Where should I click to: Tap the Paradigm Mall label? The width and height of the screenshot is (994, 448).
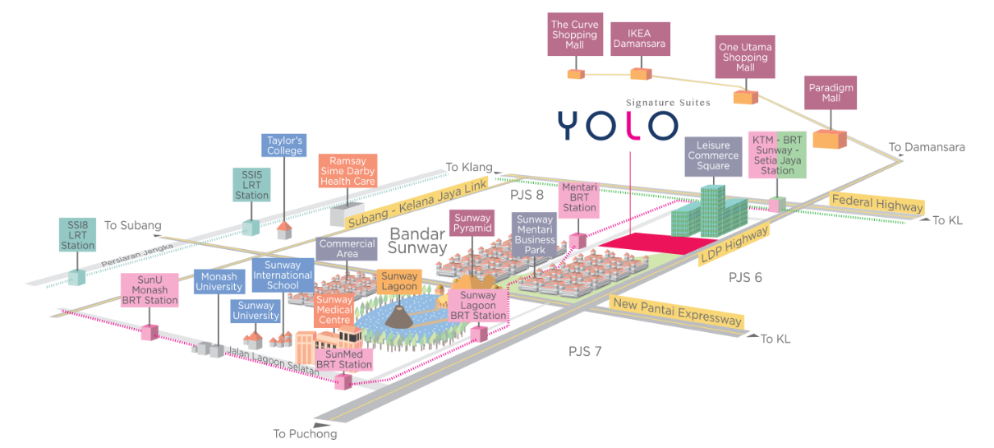[831, 93]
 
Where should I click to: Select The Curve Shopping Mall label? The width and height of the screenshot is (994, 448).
[574, 35]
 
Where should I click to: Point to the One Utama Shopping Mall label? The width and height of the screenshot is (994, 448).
[745, 58]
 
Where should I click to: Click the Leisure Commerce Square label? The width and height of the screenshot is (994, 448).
[708, 155]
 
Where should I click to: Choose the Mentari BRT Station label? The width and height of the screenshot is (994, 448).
[579, 197]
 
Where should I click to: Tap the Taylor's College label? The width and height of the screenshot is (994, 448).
[284, 145]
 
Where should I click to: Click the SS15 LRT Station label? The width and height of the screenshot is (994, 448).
[251, 185]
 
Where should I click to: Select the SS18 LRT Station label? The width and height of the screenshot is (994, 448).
[78, 234]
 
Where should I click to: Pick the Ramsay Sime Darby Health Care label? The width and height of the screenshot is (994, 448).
[348, 171]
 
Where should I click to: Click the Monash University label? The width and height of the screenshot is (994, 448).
[219, 282]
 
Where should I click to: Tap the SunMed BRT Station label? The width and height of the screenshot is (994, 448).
[344, 359]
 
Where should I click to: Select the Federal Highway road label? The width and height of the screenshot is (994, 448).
[877, 203]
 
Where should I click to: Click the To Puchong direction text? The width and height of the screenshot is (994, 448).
[305, 434]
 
